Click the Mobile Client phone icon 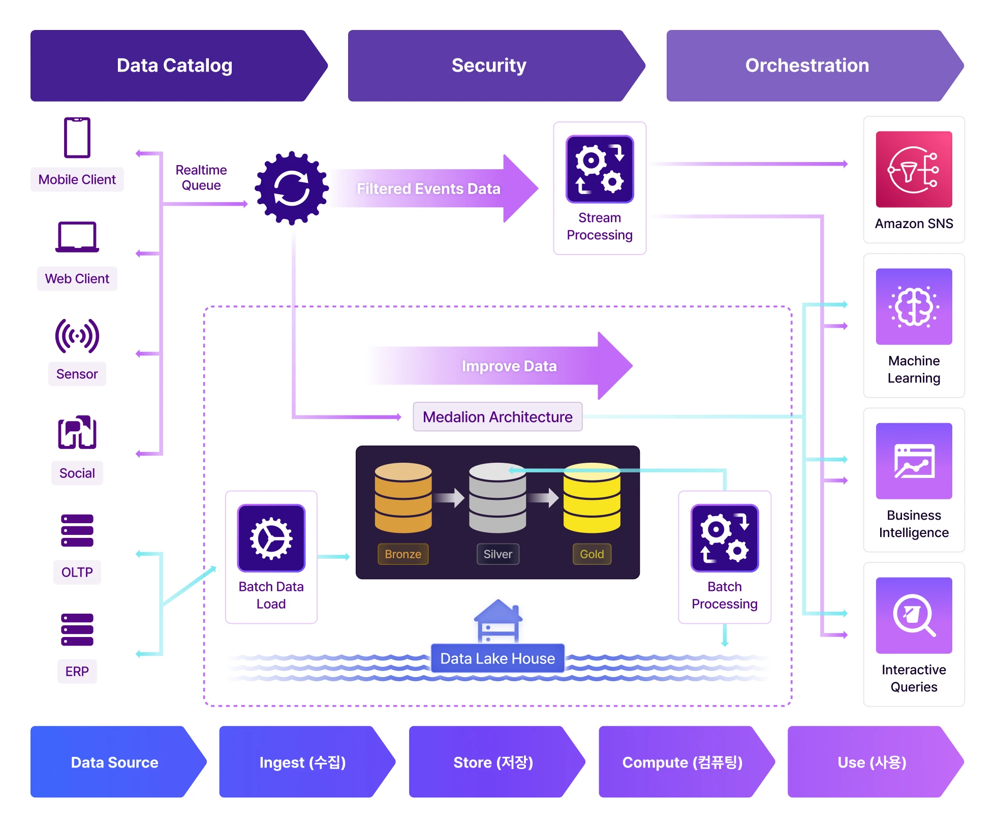tap(77, 138)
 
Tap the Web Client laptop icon tap(77, 237)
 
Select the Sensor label tap(77, 374)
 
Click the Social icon tap(77, 433)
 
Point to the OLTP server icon tap(77, 530)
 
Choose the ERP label tap(77, 672)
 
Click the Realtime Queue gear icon tap(292, 188)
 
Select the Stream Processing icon tap(600, 169)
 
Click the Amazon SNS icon tap(914, 169)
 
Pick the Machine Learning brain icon tap(914, 306)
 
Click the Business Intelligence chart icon tap(914, 461)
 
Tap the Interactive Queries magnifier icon tap(914, 615)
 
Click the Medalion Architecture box tap(497, 417)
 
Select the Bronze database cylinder tap(403, 498)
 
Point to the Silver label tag tap(497, 554)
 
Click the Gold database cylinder tap(592, 498)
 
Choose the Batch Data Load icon tap(271, 538)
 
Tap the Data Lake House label tap(497, 658)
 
